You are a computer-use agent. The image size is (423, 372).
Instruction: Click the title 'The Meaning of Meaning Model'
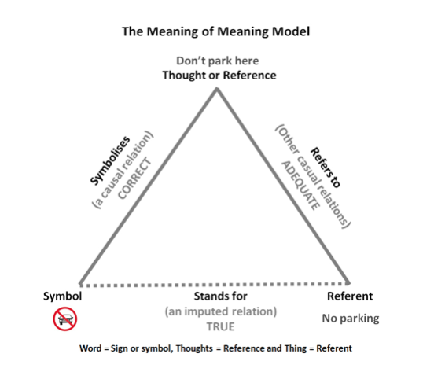pyautogui.click(x=215, y=31)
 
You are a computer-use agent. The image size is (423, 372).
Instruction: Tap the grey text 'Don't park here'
pyautogui.click(x=218, y=61)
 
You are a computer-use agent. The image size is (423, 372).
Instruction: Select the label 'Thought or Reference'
pyautogui.click(x=219, y=76)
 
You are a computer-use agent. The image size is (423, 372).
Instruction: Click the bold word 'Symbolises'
pyautogui.click(x=110, y=160)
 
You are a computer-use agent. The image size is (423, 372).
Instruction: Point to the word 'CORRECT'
pyautogui.click(x=135, y=179)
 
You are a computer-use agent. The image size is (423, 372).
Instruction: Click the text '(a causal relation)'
pyautogui.click(x=123, y=170)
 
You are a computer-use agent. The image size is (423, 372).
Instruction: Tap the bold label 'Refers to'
pyautogui.click(x=325, y=168)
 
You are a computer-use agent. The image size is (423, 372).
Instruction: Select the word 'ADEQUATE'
pyautogui.click(x=301, y=186)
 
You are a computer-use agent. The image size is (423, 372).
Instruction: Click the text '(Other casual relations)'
pyautogui.click(x=313, y=176)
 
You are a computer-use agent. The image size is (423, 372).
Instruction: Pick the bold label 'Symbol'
pyautogui.click(x=62, y=296)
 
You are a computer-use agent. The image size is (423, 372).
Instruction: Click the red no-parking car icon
pyautogui.click(x=64, y=319)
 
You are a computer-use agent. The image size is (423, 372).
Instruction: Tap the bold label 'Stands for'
pyautogui.click(x=220, y=296)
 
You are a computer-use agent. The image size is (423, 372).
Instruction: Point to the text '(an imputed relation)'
pyautogui.click(x=221, y=311)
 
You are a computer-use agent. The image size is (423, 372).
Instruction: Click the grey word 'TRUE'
pyautogui.click(x=220, y=326)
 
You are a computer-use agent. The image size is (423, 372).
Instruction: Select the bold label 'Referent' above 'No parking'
pyautogui.click(x=350, y=296)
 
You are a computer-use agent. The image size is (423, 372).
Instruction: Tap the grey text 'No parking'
pyautogui.click(x=351, y=319)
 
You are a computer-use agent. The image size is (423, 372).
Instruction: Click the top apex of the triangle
pyautogui.click(x=217, y=88)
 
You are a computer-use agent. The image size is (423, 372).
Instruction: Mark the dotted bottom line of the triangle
pyautogui.click(x=215, y=285)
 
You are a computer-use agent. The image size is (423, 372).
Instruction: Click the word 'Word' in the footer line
pyautogui.click(x=90, y=348)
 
